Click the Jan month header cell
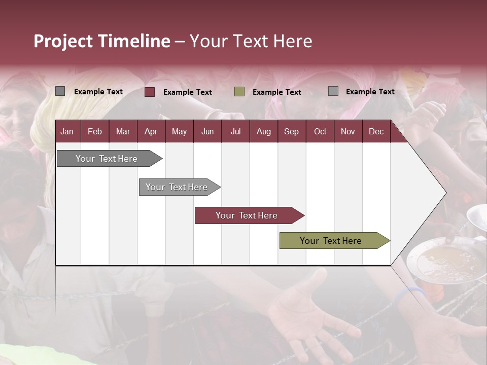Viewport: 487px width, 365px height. pyautogui.click(x=67, y=131)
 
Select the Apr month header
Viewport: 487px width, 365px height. pyautogui.click(x=151, y=131)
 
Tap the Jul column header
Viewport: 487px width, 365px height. pyautogui.click(x=235, y=131)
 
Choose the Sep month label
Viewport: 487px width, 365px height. pyautogui.click(x=291, y=131)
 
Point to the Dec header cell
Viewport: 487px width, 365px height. pyautogui.click(x=376, y=131)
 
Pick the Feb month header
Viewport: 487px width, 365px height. pyautogui.click(x=95, y=131)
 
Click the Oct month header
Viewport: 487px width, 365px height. pyautogui.click(x=320, y=131)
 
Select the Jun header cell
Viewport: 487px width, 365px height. pyautogui.click(x=207, y=131)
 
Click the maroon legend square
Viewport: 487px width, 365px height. pyautogui.click(x=150, y=92)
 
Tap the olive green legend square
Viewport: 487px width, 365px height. pyautogui.click(x=239, y=92)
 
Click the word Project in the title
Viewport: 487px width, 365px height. pyautogui.click(x=63, y=41)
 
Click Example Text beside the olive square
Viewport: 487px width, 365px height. pyautogui.click(x=276, y=92)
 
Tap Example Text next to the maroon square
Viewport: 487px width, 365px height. pyautogui.click(x=187, y=92)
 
